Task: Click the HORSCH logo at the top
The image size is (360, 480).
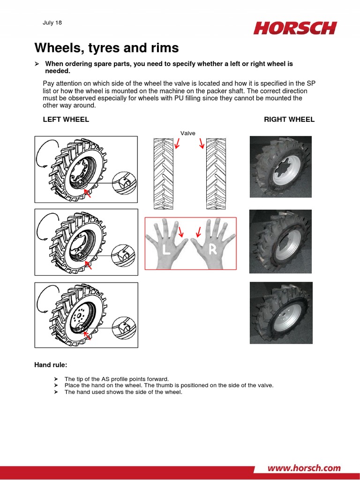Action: pyautogui.click(x=295, y=28)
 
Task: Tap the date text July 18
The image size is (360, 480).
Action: pyautogui.click(x=52, y=22)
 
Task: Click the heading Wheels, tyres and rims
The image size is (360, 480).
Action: pyautogui.click(x=106, y=48)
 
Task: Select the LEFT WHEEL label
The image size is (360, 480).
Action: pyautogui.click(x=66, y=120)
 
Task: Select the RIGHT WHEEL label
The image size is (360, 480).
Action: pyautogui.click(x=289, y=120)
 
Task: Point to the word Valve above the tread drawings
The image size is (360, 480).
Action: pyautogui.click(x=187, y=133)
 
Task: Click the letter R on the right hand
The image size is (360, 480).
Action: pyautogui.click(x=212, y=250)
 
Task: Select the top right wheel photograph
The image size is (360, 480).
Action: pyautogui.click(x=280, y=166)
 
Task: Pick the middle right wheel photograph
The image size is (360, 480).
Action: pyautogui.click(x=280, y=240)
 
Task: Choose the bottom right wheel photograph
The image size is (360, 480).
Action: pyautogui.click(x=280, y=313)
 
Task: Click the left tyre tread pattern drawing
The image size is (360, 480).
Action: pyautogui.click(x=163, y=173)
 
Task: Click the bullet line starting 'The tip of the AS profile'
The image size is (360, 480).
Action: pyautogui.click(x=116, y=379)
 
